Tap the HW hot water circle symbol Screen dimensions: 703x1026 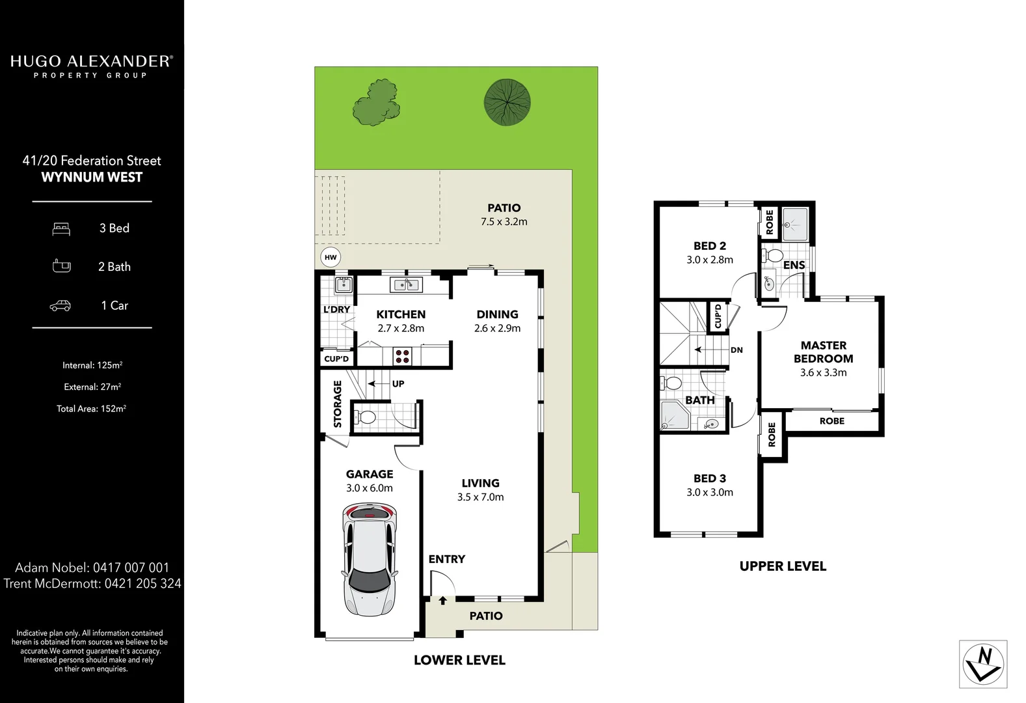pyautogui.click(x=331, y=257)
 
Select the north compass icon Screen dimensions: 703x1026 pyautogui.click(x=983, y=664)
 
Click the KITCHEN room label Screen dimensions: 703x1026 pyautogui.click(x=401, y=314)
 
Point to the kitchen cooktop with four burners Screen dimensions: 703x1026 pyautogui.click(x=403, y=356)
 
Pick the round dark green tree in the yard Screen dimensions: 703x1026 pyautogui.click(x=507, y=102)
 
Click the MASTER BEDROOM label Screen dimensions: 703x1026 pyautogui.click(x=823, y=352)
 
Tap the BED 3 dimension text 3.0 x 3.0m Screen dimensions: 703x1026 pyautogui.click(x=709, y=493)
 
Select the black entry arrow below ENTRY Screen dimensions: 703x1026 pyautogui.click(x=442, y=600)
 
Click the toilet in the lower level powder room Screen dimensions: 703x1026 pyautogui.click(x=366, y=417)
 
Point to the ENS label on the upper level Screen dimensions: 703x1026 pyautogui.click(x=794, y=266)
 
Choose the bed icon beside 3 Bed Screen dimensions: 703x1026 pyautogui.click(x=61, y=228)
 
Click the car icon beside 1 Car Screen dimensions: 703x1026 pyautogui.click(x=61, y=305)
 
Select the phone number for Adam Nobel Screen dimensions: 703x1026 pyautogui.click(x=131, y=568)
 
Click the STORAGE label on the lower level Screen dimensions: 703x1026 pyautogui.click(x=338, y=404)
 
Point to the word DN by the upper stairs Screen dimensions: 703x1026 pyautogui.click(x=736, y=350)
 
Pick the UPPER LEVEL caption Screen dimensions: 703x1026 pyautogui.click(x=783, y=566)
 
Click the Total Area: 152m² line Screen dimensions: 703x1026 pyautogui.click(x=91, y=409)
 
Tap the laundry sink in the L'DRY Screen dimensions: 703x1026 pyautogui.click(x=343, y=284)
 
